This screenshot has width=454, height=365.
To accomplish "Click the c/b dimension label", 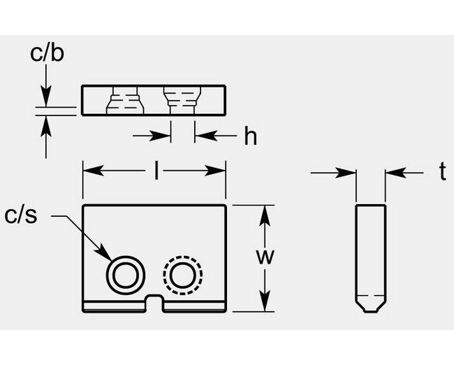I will tap(47, 54).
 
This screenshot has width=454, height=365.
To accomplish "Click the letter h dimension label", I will tap(250, 137).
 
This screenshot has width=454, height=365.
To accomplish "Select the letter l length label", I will tap(154, 170).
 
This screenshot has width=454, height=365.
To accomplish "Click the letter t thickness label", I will tap(442, 173).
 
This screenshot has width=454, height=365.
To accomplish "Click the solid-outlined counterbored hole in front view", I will tap(124, 274).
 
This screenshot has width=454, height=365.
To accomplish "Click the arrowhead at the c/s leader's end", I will tap(106, 256).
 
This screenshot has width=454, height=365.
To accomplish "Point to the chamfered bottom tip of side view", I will tap(371, 306).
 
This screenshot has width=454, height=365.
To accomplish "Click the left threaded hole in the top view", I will tap(124, 101).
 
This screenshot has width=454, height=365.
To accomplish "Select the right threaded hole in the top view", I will tap(182, 101).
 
